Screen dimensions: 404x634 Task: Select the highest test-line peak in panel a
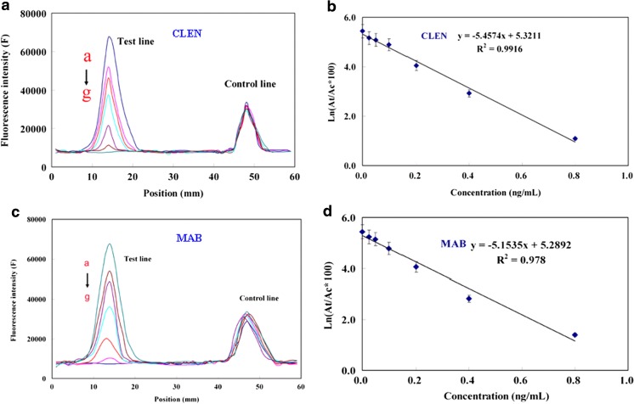pos(110,37)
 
